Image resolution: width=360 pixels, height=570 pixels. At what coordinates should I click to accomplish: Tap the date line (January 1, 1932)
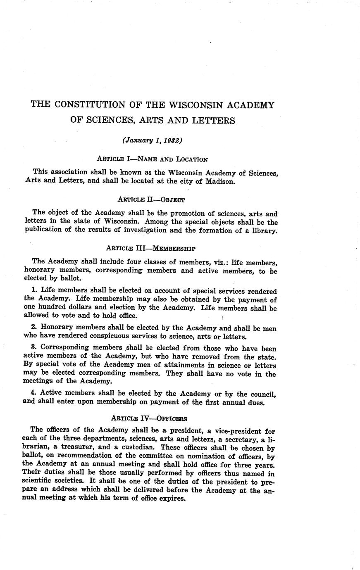pos(153,140)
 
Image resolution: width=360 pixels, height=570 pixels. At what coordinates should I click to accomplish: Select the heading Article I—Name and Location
pos(152,159)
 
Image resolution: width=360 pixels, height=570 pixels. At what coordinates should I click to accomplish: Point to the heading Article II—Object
pos(151,199)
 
